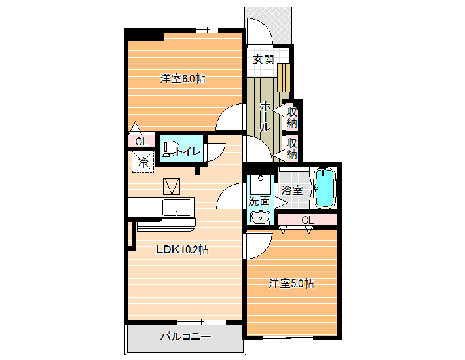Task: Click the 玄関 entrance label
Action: tap(263, 60)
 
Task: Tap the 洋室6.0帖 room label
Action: tap(183, 79)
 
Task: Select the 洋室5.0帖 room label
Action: tap(291, 283)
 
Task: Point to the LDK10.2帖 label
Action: tap(182, 249)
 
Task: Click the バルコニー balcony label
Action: tap(185, 336)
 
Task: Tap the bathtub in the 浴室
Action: tap(325, 188)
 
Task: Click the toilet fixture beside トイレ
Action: tap(168, 149)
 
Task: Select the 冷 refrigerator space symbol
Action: tap(143, 162)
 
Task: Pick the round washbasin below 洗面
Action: tap(260, 218)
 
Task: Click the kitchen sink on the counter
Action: tap(177, 207)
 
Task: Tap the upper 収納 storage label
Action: tap(291, 117)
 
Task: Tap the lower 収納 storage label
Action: tap(291, 149)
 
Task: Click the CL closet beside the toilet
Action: tap(141, 141)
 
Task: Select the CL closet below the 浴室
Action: tap(308, 220)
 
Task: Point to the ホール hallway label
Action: tap(265, 117)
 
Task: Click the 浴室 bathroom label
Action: tap(292, 190)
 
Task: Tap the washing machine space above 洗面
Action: tap(261, 185)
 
